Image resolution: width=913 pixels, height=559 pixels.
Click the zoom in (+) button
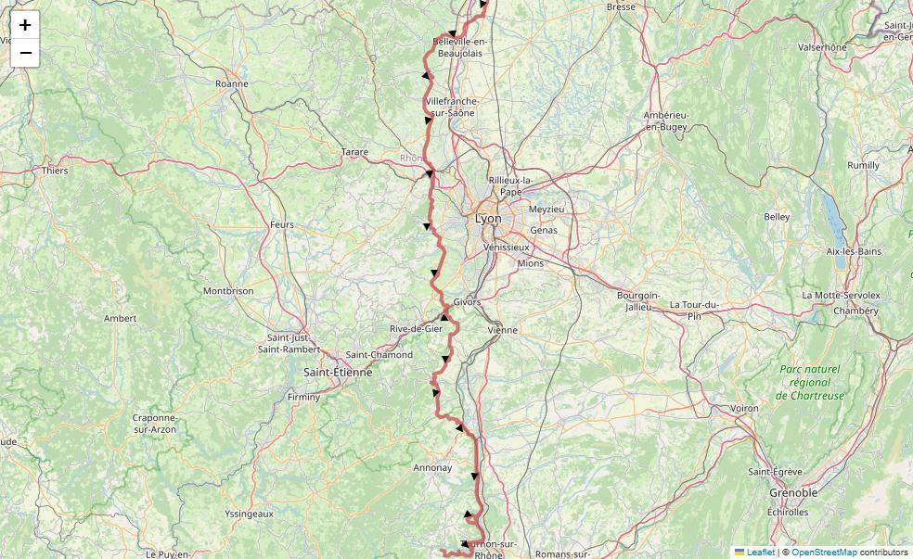tap(25, 25)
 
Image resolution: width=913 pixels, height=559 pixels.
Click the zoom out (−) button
tap(25, 53)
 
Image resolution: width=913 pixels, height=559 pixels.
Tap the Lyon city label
tap(488, 219)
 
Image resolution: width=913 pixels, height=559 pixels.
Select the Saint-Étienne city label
tap(338, 372)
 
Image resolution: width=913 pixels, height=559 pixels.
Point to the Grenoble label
tap(792, 493)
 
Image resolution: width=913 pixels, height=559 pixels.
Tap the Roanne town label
tap(231, 83)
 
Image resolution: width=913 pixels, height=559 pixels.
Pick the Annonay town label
tap(432, 468)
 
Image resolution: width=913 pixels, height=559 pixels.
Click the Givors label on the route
tap(467, 302)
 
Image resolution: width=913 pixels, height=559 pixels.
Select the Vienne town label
tap(502, 330)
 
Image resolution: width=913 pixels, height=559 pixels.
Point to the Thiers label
tap(55, 171)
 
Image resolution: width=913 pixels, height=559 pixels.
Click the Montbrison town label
tap(228, 291)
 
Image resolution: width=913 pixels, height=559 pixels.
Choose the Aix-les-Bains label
tap(854, 251)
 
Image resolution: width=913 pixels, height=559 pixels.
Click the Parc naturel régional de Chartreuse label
tap(810, 382)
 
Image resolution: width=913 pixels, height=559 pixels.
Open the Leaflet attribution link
tap(760, 553)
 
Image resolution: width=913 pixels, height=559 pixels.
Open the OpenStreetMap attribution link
tap(823, 553)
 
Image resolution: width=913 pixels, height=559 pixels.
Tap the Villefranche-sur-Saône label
tap(450, 107)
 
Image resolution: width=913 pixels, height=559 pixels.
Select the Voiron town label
tap(744, 408)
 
